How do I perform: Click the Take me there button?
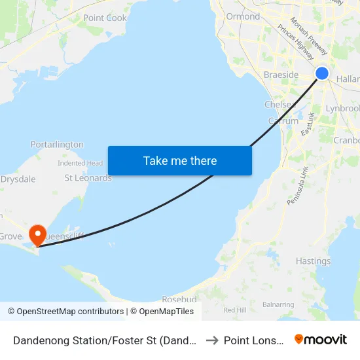point(180,160)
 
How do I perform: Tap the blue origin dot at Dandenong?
point(322,73)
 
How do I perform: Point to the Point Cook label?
point(105,18)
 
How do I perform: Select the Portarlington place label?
point(57,144)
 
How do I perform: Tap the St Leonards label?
point(88,177)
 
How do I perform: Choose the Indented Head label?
point(81,163)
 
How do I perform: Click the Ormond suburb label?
point(243,16)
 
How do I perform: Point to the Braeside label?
point(281,75)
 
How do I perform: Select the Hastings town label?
point(313,261)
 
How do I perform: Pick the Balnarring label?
point(278,304)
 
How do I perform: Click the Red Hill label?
point(234,310)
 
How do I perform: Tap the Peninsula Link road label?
point(297,185)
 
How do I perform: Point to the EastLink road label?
point(308,124)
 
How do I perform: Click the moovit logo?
point(320,339)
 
